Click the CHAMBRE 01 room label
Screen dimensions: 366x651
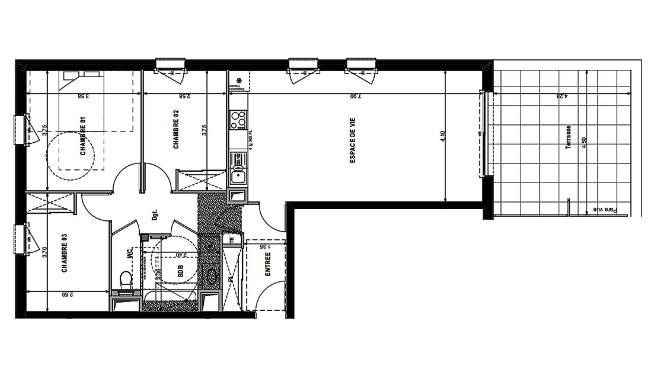[x=83, y=136]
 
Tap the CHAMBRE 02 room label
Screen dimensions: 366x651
[x=176, y=129]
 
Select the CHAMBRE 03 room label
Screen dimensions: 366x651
[x=64, y=253]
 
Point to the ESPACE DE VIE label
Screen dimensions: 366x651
[x=353, y=140]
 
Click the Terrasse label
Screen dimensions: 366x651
[x=568, y=137]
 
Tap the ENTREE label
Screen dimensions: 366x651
[x=268, y=264]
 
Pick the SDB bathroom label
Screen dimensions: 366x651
[x=180, y=271]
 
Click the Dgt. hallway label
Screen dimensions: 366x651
[x=155, y=215]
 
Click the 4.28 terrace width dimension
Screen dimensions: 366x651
[x=562, y=96]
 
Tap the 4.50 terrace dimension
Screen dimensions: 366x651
[x=584, y=142]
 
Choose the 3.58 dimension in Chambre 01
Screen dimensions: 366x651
[x=83, y=96]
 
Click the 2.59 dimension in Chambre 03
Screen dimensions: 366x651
[x=68, y=295]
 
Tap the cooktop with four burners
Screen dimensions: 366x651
[x=238, y=120]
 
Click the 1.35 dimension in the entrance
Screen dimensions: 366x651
[x=265, y=247]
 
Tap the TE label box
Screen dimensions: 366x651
[x=232, y=240]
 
